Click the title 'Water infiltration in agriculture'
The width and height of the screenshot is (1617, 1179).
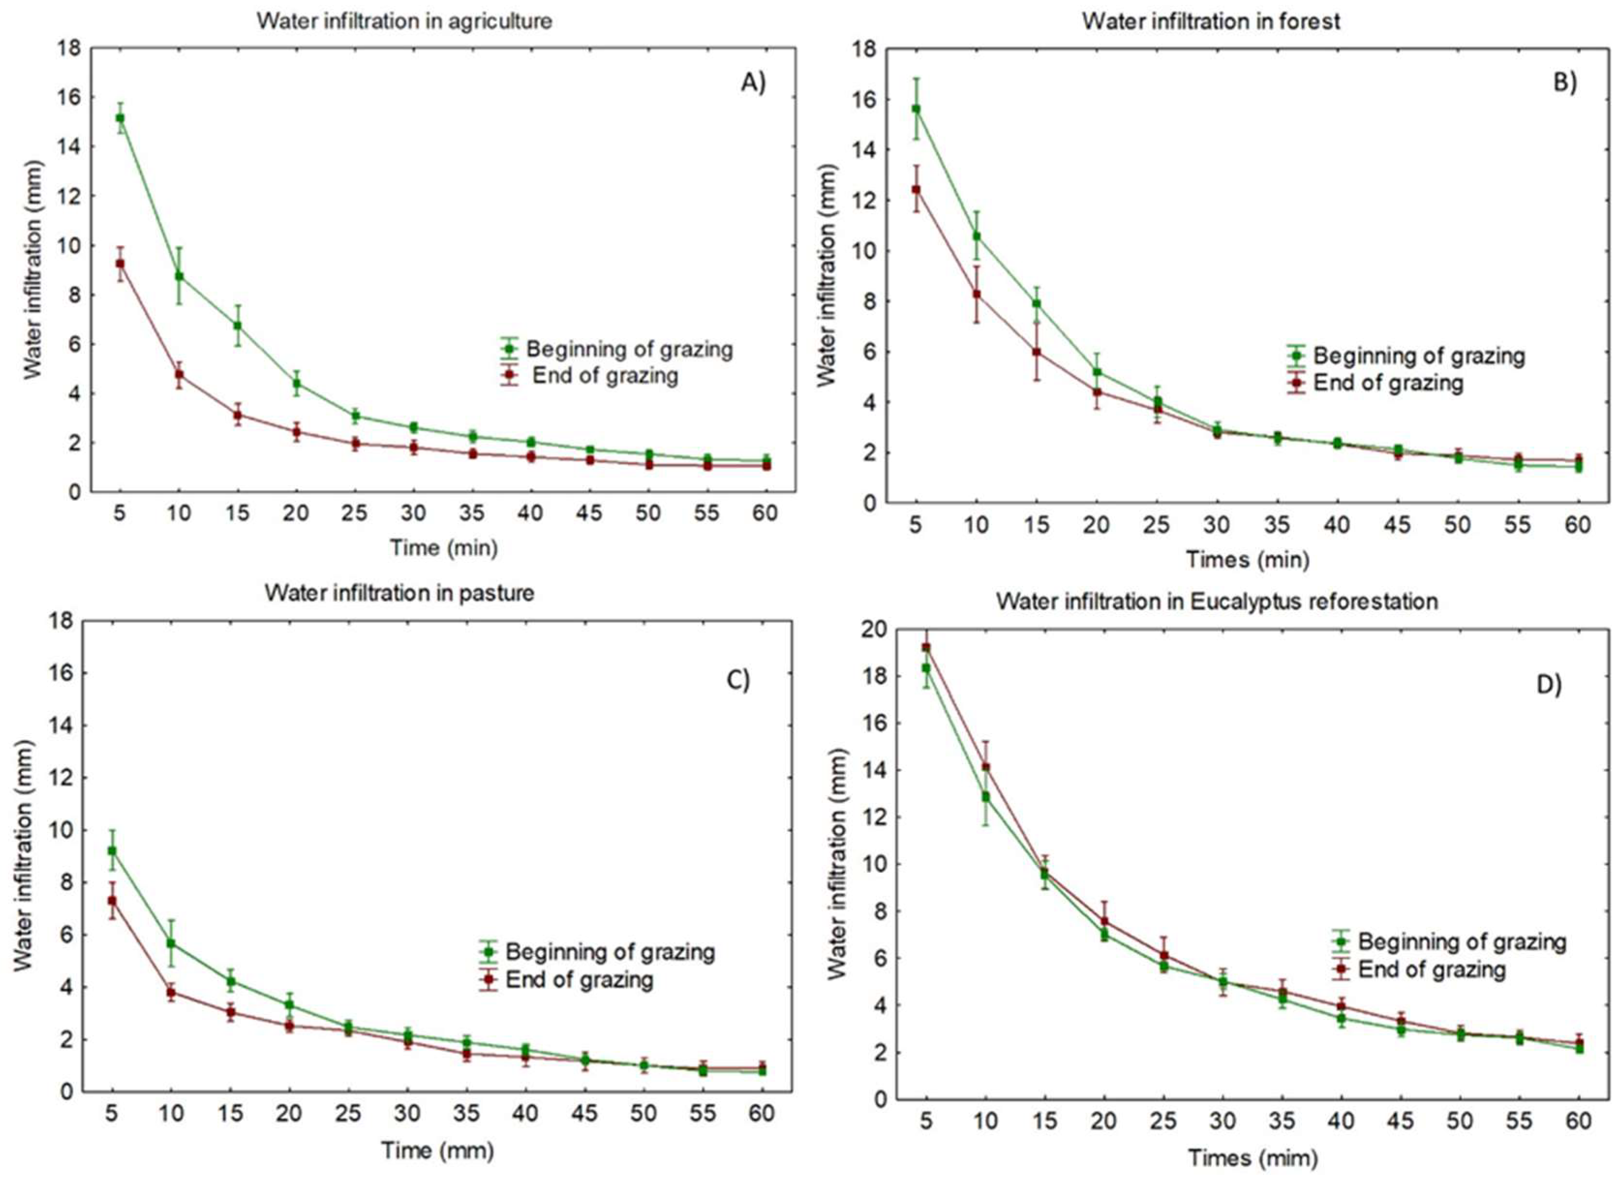[405, 21]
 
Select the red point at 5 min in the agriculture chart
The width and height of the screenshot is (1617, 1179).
[120, 263]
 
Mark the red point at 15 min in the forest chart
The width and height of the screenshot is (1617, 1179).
[1036, 352]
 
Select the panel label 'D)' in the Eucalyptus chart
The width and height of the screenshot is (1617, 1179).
[1548, 685]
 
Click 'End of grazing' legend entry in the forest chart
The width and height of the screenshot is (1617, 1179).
[1388, 383]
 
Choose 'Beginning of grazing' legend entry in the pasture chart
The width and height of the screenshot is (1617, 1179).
[609, 952]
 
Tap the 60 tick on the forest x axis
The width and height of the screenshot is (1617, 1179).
[1578, 525]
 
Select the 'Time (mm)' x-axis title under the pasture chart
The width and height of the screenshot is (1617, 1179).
[437, 1150]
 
